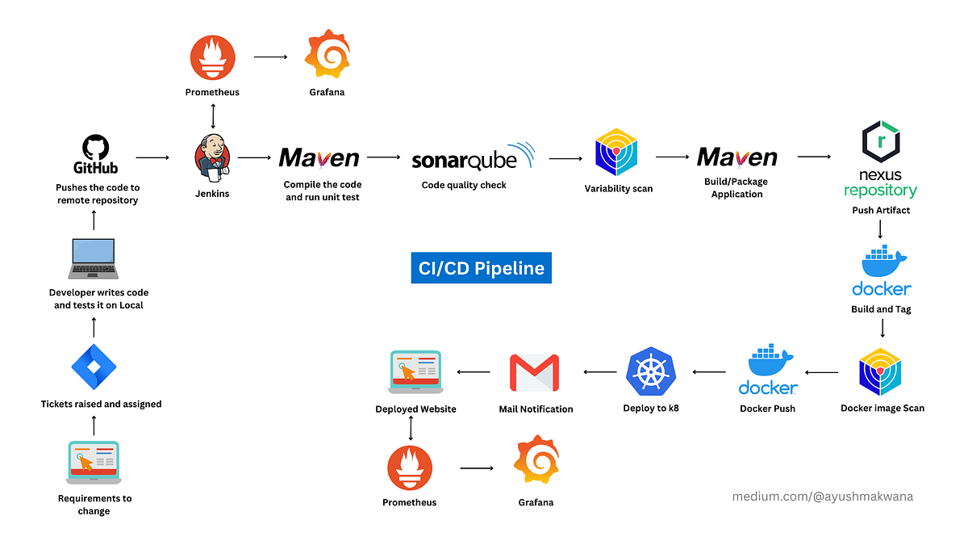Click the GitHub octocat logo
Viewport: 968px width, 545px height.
[96, 147]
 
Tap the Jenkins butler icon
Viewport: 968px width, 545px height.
[212, 156]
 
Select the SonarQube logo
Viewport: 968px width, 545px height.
[473, 157]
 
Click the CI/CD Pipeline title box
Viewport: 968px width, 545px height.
[481, 267]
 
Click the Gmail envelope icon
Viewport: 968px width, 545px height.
[535, 372]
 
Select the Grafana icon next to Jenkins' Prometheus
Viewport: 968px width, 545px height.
[325, 53]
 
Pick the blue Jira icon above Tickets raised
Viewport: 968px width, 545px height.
[94, 365]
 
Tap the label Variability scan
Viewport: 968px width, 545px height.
[619, 189]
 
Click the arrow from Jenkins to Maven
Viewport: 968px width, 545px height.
[254, 158]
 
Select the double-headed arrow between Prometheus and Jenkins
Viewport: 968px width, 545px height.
[212, 115]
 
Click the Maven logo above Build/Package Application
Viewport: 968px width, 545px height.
[736, 157]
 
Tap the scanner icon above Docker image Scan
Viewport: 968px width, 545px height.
[881, 372]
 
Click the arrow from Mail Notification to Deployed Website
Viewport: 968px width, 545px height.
[474, 371]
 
